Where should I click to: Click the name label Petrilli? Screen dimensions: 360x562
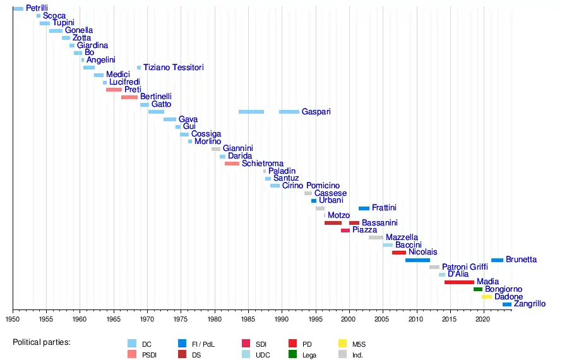37,8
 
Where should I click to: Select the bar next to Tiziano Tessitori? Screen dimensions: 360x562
139,68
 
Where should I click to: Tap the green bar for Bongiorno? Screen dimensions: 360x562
478,289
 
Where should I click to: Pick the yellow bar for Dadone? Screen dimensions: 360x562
486,297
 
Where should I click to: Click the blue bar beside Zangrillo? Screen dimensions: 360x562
506,304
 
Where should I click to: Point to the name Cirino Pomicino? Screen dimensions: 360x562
311,186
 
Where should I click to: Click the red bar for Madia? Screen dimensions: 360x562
459,282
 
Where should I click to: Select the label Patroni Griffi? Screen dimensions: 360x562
465,267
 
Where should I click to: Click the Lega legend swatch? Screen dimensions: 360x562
292,354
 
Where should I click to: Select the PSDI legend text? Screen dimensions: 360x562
150,355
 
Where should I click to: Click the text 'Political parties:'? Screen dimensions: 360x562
42,342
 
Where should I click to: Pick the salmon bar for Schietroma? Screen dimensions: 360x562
232,164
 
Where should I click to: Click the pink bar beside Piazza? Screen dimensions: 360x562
345,231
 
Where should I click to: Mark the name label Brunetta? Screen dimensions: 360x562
521,260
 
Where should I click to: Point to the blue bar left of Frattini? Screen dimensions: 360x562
364,208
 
